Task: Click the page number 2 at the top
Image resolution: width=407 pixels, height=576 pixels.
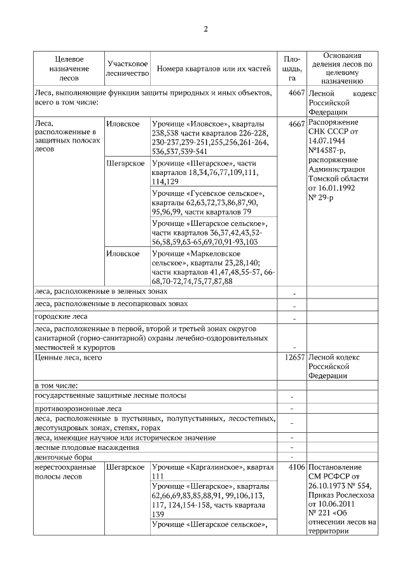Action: [205, 29]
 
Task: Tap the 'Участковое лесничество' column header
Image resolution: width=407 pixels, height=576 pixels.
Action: [128, 69]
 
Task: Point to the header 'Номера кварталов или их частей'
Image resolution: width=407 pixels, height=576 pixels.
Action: [213, 69]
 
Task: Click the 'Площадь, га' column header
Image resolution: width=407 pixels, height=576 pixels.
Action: [291, 68]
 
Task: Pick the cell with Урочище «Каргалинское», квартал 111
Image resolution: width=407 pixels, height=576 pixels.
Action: [213, 472]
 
